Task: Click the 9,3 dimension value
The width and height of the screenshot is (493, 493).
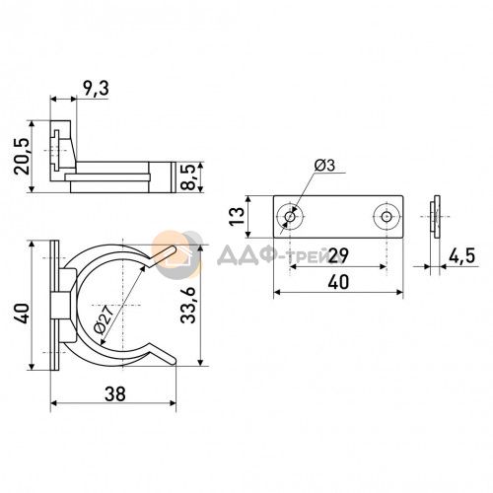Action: coord(96,89)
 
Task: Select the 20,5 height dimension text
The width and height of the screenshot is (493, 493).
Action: coord(22,156)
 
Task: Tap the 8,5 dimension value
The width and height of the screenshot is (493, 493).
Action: coord(187,177)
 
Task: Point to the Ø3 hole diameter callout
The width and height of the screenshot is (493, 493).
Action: coord(324,166)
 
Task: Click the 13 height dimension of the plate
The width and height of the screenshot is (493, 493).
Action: coord(238,216)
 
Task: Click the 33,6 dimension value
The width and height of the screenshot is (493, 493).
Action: coord(188,305)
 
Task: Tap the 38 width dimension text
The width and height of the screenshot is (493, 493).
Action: coord(115,393)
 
